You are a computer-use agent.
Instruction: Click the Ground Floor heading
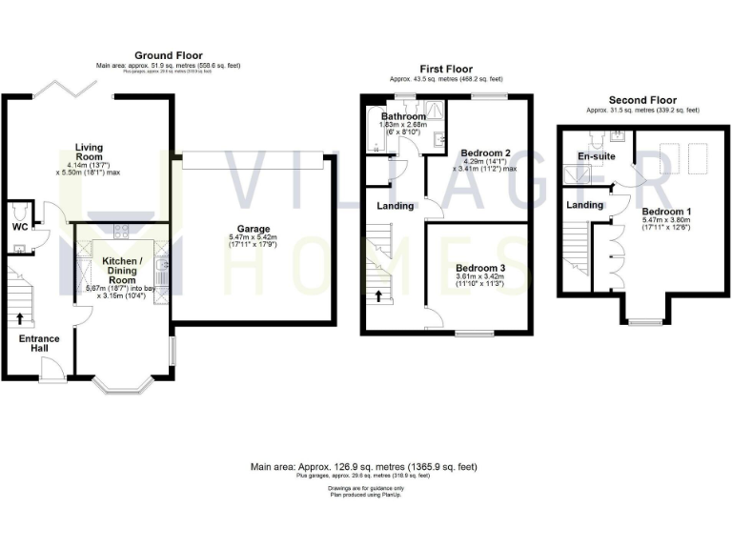click(x=168, y=55)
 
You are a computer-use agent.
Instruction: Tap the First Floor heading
click(x=446, y=69)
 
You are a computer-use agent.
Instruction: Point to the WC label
click(x=18, y=229)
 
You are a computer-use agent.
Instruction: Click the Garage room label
click(x=254, y=230)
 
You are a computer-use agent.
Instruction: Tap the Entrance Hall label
click(x=38, y=344)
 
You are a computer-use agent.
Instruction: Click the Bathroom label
click(x=402, y=116)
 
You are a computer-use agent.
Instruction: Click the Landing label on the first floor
click(x=396, y=206)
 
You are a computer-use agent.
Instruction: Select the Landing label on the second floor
click(x=584, y=205)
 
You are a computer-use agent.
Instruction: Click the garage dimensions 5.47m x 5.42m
click(x=254, y=241)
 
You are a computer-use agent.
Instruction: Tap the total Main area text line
click(x=363, y=467)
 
